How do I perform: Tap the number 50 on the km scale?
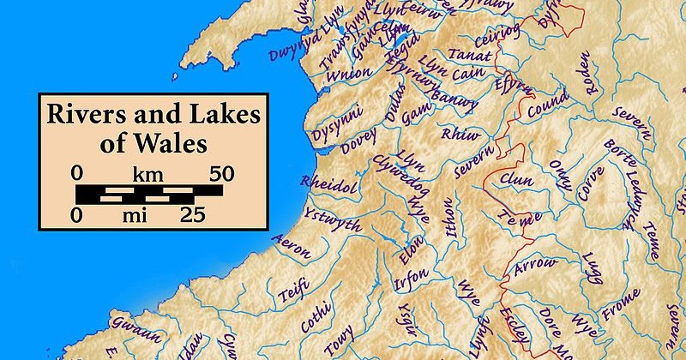[216, 172]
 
